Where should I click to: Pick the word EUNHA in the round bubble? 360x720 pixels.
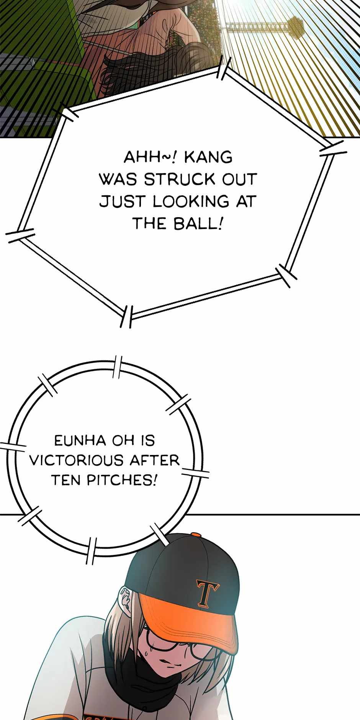(80, 441)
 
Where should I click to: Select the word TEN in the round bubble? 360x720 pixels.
(65, 479)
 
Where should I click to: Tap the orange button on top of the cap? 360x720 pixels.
(196, 534)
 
